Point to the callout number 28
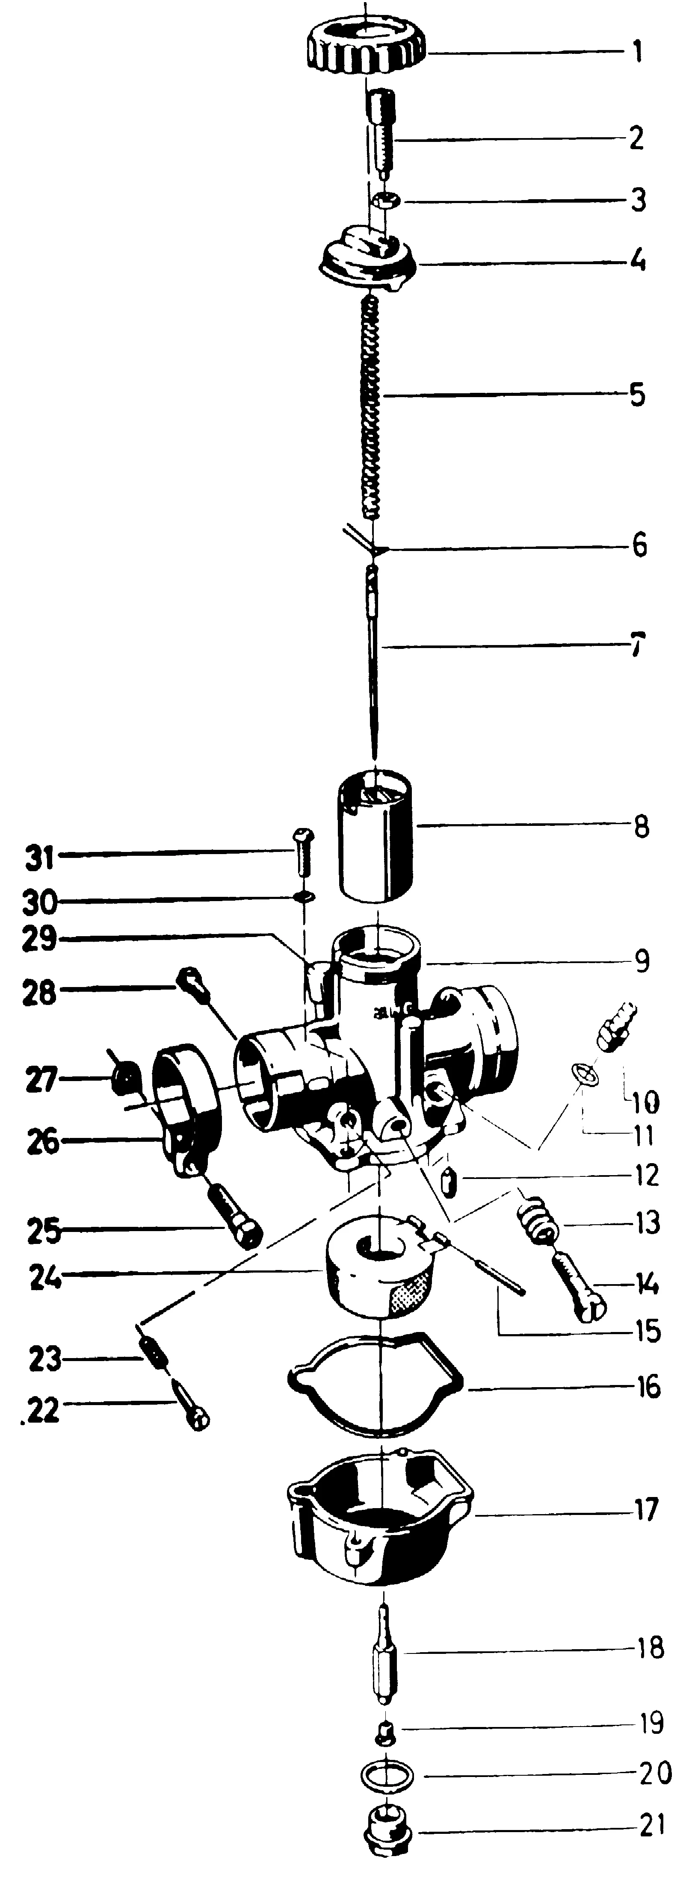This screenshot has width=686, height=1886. point(40,993)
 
